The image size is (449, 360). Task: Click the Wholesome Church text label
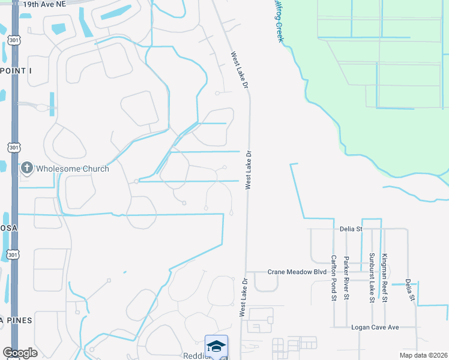(x=73, y=169)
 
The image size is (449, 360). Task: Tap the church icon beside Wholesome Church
(x=26, y=169)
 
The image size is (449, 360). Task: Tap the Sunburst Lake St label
(x=372, y=277)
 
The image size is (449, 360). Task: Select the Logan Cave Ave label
(x=375, y=328)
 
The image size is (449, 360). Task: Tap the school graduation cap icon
(x=216, y=346)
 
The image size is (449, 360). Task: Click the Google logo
(x=20, y=353)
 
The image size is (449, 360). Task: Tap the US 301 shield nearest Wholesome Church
(x=13, y=147)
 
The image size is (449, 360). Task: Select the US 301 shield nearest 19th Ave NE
(x=13, y=40)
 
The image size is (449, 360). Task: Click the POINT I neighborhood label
(x=16, y=71)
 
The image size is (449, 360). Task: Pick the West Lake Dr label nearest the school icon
(x=243, y=298)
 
